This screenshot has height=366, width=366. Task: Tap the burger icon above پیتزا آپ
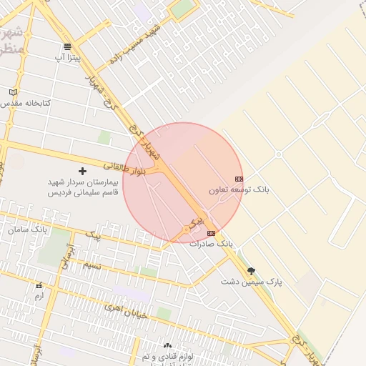(68, 46)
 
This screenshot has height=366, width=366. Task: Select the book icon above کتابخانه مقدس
(13, 92)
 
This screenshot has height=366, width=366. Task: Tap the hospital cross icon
(82, 171)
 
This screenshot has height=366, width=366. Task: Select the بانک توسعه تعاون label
(239, 190)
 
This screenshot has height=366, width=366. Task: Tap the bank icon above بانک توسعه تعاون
(239, 179)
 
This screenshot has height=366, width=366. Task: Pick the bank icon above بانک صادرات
(211, 233)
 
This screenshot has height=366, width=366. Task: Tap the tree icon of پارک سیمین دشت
(251, 271)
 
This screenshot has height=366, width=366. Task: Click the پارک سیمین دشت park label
(251, 282)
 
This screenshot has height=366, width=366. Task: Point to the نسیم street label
(92, 265)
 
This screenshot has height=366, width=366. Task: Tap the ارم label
(39, 295)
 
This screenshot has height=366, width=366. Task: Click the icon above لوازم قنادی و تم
(167, 345)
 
